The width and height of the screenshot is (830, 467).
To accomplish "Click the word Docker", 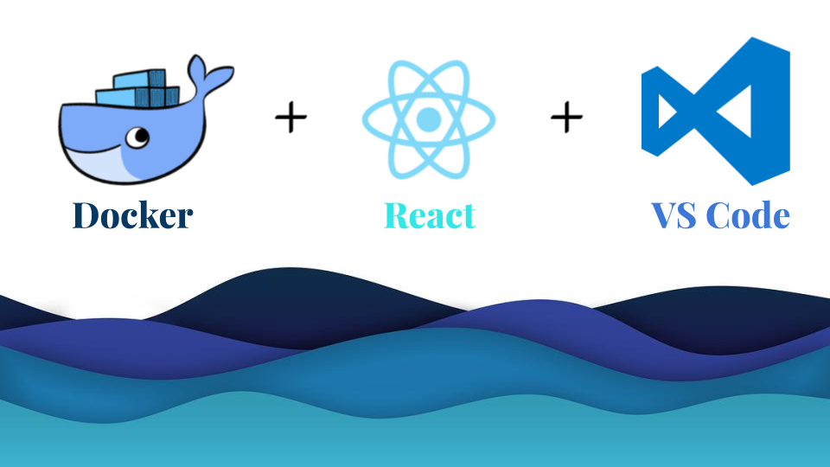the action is [131, 215].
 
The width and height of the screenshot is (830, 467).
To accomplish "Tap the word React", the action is [430, 215].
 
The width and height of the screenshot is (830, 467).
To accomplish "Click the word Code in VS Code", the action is [748, 215].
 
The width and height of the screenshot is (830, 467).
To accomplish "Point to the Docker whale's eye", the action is [136, 136].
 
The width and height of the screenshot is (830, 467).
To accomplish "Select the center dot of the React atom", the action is [429, 118].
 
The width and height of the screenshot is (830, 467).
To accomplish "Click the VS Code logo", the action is [714, 111].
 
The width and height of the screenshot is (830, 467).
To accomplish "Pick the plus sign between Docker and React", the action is [291, 117].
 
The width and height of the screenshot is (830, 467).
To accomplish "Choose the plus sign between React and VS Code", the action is [566, 117].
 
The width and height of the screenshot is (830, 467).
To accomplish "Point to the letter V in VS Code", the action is [666, 215].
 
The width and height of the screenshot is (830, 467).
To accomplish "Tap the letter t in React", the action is [468, 216].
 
